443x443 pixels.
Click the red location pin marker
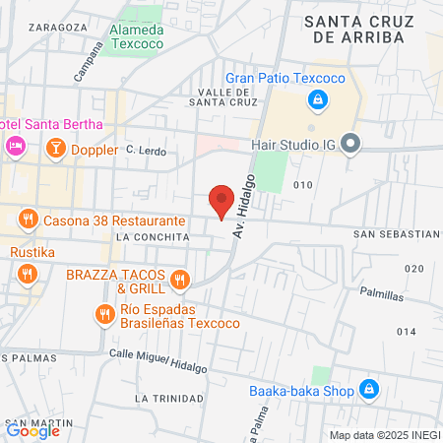click(x=221, y=201)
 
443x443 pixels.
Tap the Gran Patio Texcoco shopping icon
click(x=317, y=99)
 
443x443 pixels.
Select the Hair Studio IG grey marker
click(x=358, y=146)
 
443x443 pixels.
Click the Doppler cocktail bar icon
click(x=56, y=149)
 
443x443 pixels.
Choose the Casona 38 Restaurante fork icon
click(x=27, y=221)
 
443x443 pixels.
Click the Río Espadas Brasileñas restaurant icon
click(x=104, y=315)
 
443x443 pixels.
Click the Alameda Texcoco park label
click(x=151, y=36)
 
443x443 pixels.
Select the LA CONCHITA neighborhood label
click(x=152, y=237)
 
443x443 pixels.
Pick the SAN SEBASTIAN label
click(x=396, y=234)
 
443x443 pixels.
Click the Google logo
click(x=33, y=430)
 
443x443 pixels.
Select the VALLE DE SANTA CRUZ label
click(x=227, y=96)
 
